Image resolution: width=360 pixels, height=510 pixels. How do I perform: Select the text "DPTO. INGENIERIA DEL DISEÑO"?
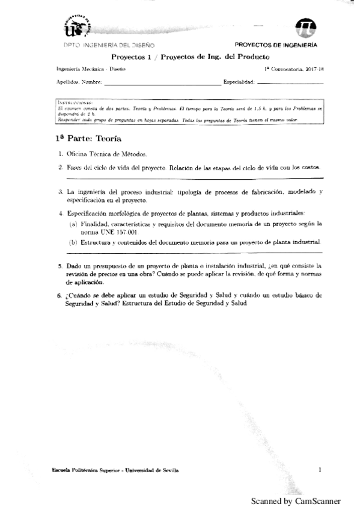pos(108,45)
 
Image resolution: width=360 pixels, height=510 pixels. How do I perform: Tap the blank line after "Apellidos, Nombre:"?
pos(161,82)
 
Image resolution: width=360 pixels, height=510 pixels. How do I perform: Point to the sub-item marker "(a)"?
pos(73,223)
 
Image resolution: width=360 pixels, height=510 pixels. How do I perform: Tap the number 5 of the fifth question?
pos(60,265)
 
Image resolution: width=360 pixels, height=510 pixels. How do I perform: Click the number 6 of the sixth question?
pos(60,296)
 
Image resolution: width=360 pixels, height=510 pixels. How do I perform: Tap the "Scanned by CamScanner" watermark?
pos(295,501)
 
